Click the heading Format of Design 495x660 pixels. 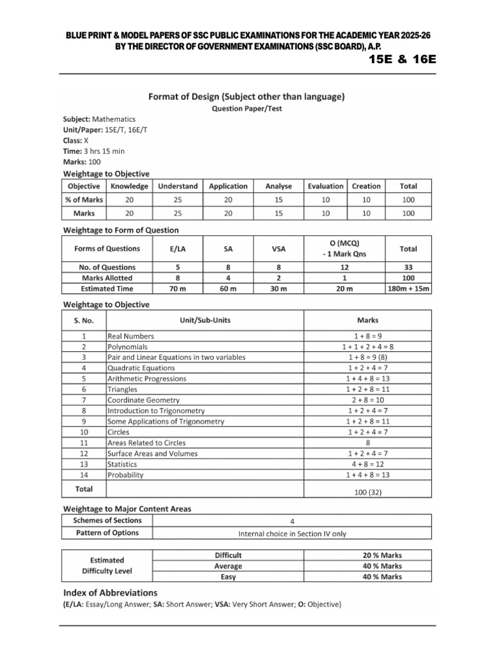point(247,97)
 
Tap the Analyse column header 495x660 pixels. point(278,186)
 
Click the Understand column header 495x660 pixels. point(177,186)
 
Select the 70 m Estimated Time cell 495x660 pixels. point(177,289)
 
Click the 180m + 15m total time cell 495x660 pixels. point(408,289)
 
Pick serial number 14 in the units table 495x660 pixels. point(84,475)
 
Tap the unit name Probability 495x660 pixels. point(126,475)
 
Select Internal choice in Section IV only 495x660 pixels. point(292,534)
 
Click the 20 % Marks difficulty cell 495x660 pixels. point(382,555)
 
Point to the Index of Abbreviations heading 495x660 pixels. point(110,592)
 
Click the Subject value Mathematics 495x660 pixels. point(114,119)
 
